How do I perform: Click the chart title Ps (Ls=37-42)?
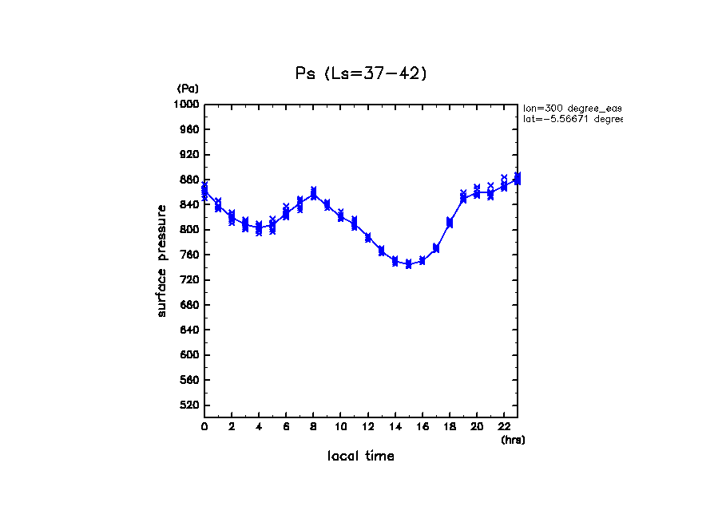pos(361,73)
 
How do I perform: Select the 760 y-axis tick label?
pos(190,255)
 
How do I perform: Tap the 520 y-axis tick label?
pos(190,405)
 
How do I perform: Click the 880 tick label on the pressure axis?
pos(190,180)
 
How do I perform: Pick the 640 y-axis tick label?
pos(190,330)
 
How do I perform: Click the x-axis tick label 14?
pos(395,427)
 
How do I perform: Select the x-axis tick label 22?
pos(504,427)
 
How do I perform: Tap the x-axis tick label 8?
pos(313,427)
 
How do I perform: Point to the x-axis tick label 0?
pos(204,427)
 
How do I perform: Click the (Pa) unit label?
pos(188,89)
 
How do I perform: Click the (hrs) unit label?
pos(513,440)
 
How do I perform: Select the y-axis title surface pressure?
pos(162,260)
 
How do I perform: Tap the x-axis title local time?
pos(360,457)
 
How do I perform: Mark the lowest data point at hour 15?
pos(408,264)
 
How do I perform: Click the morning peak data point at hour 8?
pos(313,194)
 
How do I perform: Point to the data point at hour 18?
pos(450,223)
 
